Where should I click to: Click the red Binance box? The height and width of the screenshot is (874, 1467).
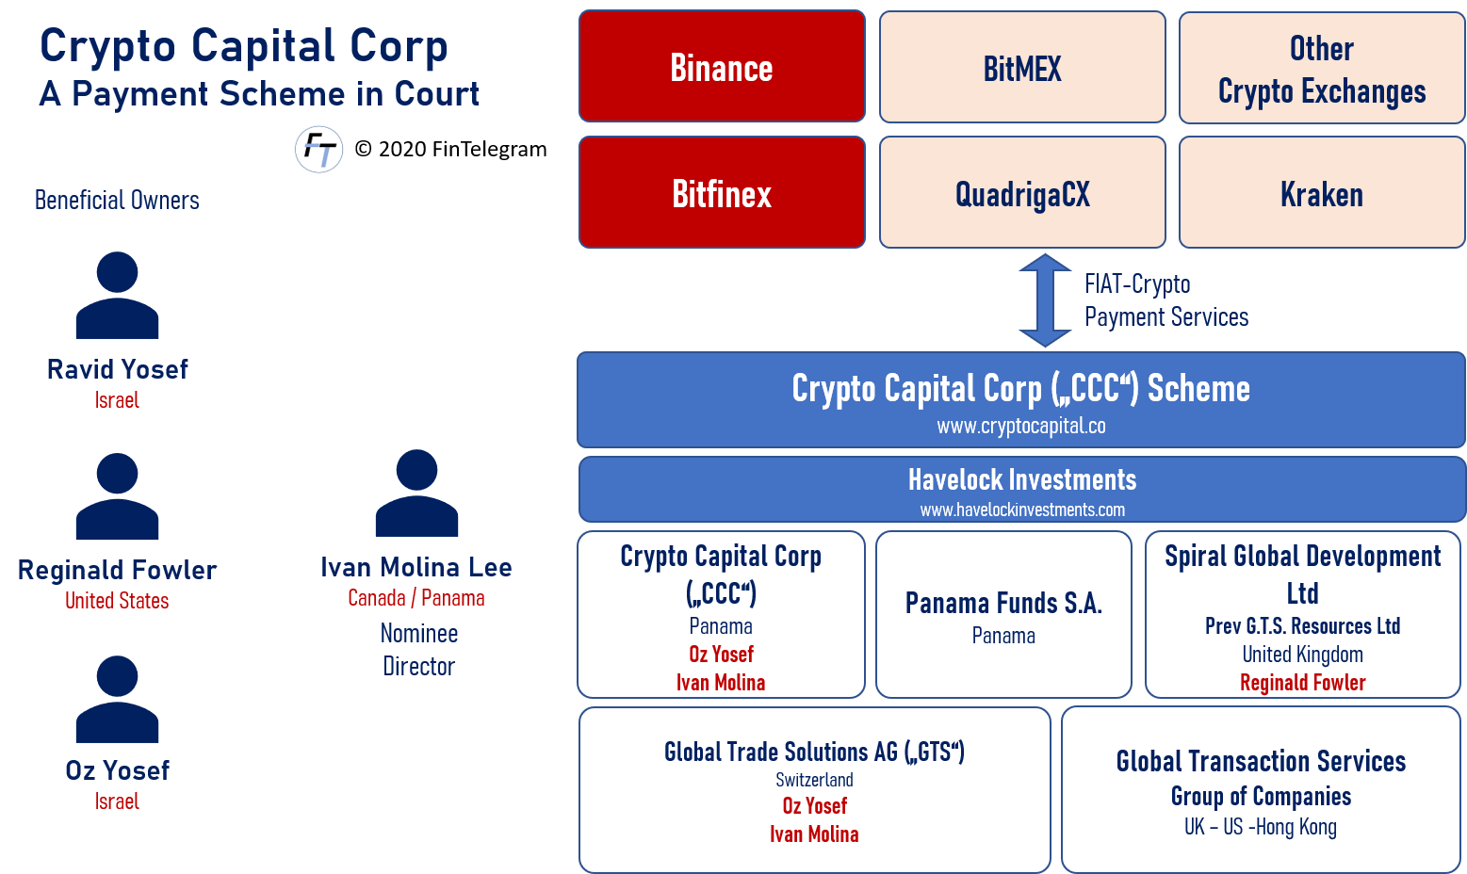(x=722, y=67)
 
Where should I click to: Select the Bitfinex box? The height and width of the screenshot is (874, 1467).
(x=722, y=193)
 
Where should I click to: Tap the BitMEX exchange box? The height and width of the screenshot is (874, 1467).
(x=1022, y=68)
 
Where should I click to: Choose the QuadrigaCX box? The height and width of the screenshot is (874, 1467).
(x=1022, y=193)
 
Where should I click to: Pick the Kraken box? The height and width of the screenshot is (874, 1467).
(x=1321, y=193)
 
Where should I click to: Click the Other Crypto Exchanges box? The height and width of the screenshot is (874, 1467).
(x=1321, y=69)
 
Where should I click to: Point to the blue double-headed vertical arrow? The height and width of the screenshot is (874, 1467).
(x=1045, y=299)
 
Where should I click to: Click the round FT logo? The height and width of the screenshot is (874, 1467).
(x=318, y=150)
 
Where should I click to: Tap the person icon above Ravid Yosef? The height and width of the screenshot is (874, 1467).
(x=117, y=295)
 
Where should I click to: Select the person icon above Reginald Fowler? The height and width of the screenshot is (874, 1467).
(x=117, y=496)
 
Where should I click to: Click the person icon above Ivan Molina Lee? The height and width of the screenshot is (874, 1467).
(x=416, y=493)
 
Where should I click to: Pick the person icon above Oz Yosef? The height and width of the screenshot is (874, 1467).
(x=117, y=699)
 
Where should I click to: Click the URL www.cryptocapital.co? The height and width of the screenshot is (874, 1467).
(x=1021, y=426)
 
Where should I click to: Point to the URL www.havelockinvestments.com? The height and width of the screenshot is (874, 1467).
(x=1022, y=510)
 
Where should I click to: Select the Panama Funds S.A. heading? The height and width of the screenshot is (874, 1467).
(x=1003, y=603)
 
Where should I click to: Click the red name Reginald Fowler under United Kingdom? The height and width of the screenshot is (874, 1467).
(x=1302, y=683)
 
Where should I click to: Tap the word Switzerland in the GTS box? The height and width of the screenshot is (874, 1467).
(x=814, y=780)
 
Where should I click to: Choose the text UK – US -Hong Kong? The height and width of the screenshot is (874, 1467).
(x=1260, y=827)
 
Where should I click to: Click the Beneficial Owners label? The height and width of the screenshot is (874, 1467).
(x=117, y=200)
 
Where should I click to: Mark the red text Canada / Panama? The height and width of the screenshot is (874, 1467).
(x=416, y=598)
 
